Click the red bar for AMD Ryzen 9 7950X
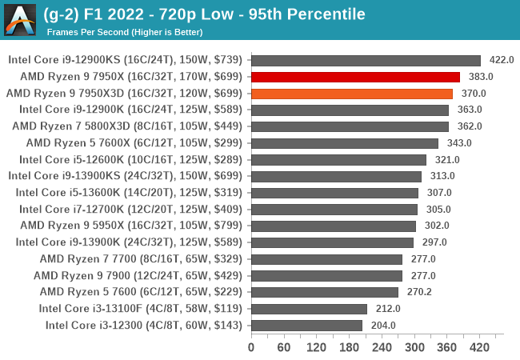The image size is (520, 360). pos(355,77)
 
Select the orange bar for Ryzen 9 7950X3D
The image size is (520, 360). pos(352,94)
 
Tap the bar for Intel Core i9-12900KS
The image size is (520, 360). pos(366,60)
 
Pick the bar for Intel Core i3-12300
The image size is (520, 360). pos(306,325)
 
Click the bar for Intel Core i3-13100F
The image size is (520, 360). pos(309,308)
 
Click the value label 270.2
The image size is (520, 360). pos(419,292)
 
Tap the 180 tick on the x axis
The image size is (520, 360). pos(349,347)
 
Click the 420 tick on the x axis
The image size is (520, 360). pos(479,347)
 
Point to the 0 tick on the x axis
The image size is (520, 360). pos(251,347)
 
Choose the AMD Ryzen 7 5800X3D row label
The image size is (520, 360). pos(126,126)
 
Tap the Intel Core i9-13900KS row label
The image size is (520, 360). pos(125,176)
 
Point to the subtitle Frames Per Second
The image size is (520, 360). pos(124,32)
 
